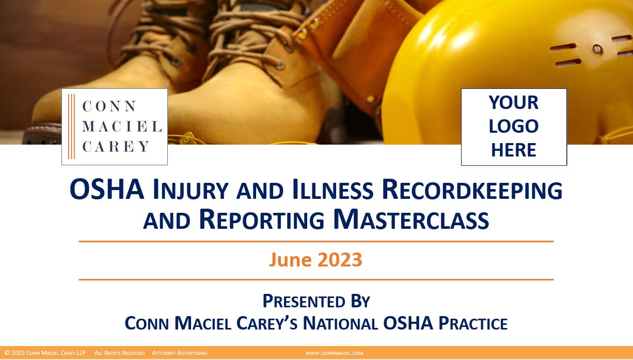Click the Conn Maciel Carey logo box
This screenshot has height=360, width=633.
coord(115,127)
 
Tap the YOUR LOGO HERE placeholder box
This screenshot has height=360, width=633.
coord(514,127)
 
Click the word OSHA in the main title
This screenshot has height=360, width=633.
coord(107,190)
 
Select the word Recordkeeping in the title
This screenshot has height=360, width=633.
coord(472,190)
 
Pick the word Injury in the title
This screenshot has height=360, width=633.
coord(191,190)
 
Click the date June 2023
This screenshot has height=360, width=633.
coord(315,259)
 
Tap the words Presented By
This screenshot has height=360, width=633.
coord(316,301)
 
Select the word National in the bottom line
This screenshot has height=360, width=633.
coord(340,323)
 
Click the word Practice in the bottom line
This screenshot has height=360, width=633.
coord(472,323)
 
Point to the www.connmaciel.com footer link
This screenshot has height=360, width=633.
coord(334,353)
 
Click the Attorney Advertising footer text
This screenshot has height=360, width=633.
coord(180,353)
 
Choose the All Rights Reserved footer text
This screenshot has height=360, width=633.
coord(119,353)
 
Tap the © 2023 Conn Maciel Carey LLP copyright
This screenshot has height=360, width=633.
coord(45,353)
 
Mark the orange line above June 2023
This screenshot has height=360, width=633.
coord(316,241)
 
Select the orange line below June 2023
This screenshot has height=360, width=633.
coord(316,279)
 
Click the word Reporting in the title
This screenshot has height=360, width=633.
coord(261,219)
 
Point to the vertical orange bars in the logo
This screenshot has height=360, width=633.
coord(71,127)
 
